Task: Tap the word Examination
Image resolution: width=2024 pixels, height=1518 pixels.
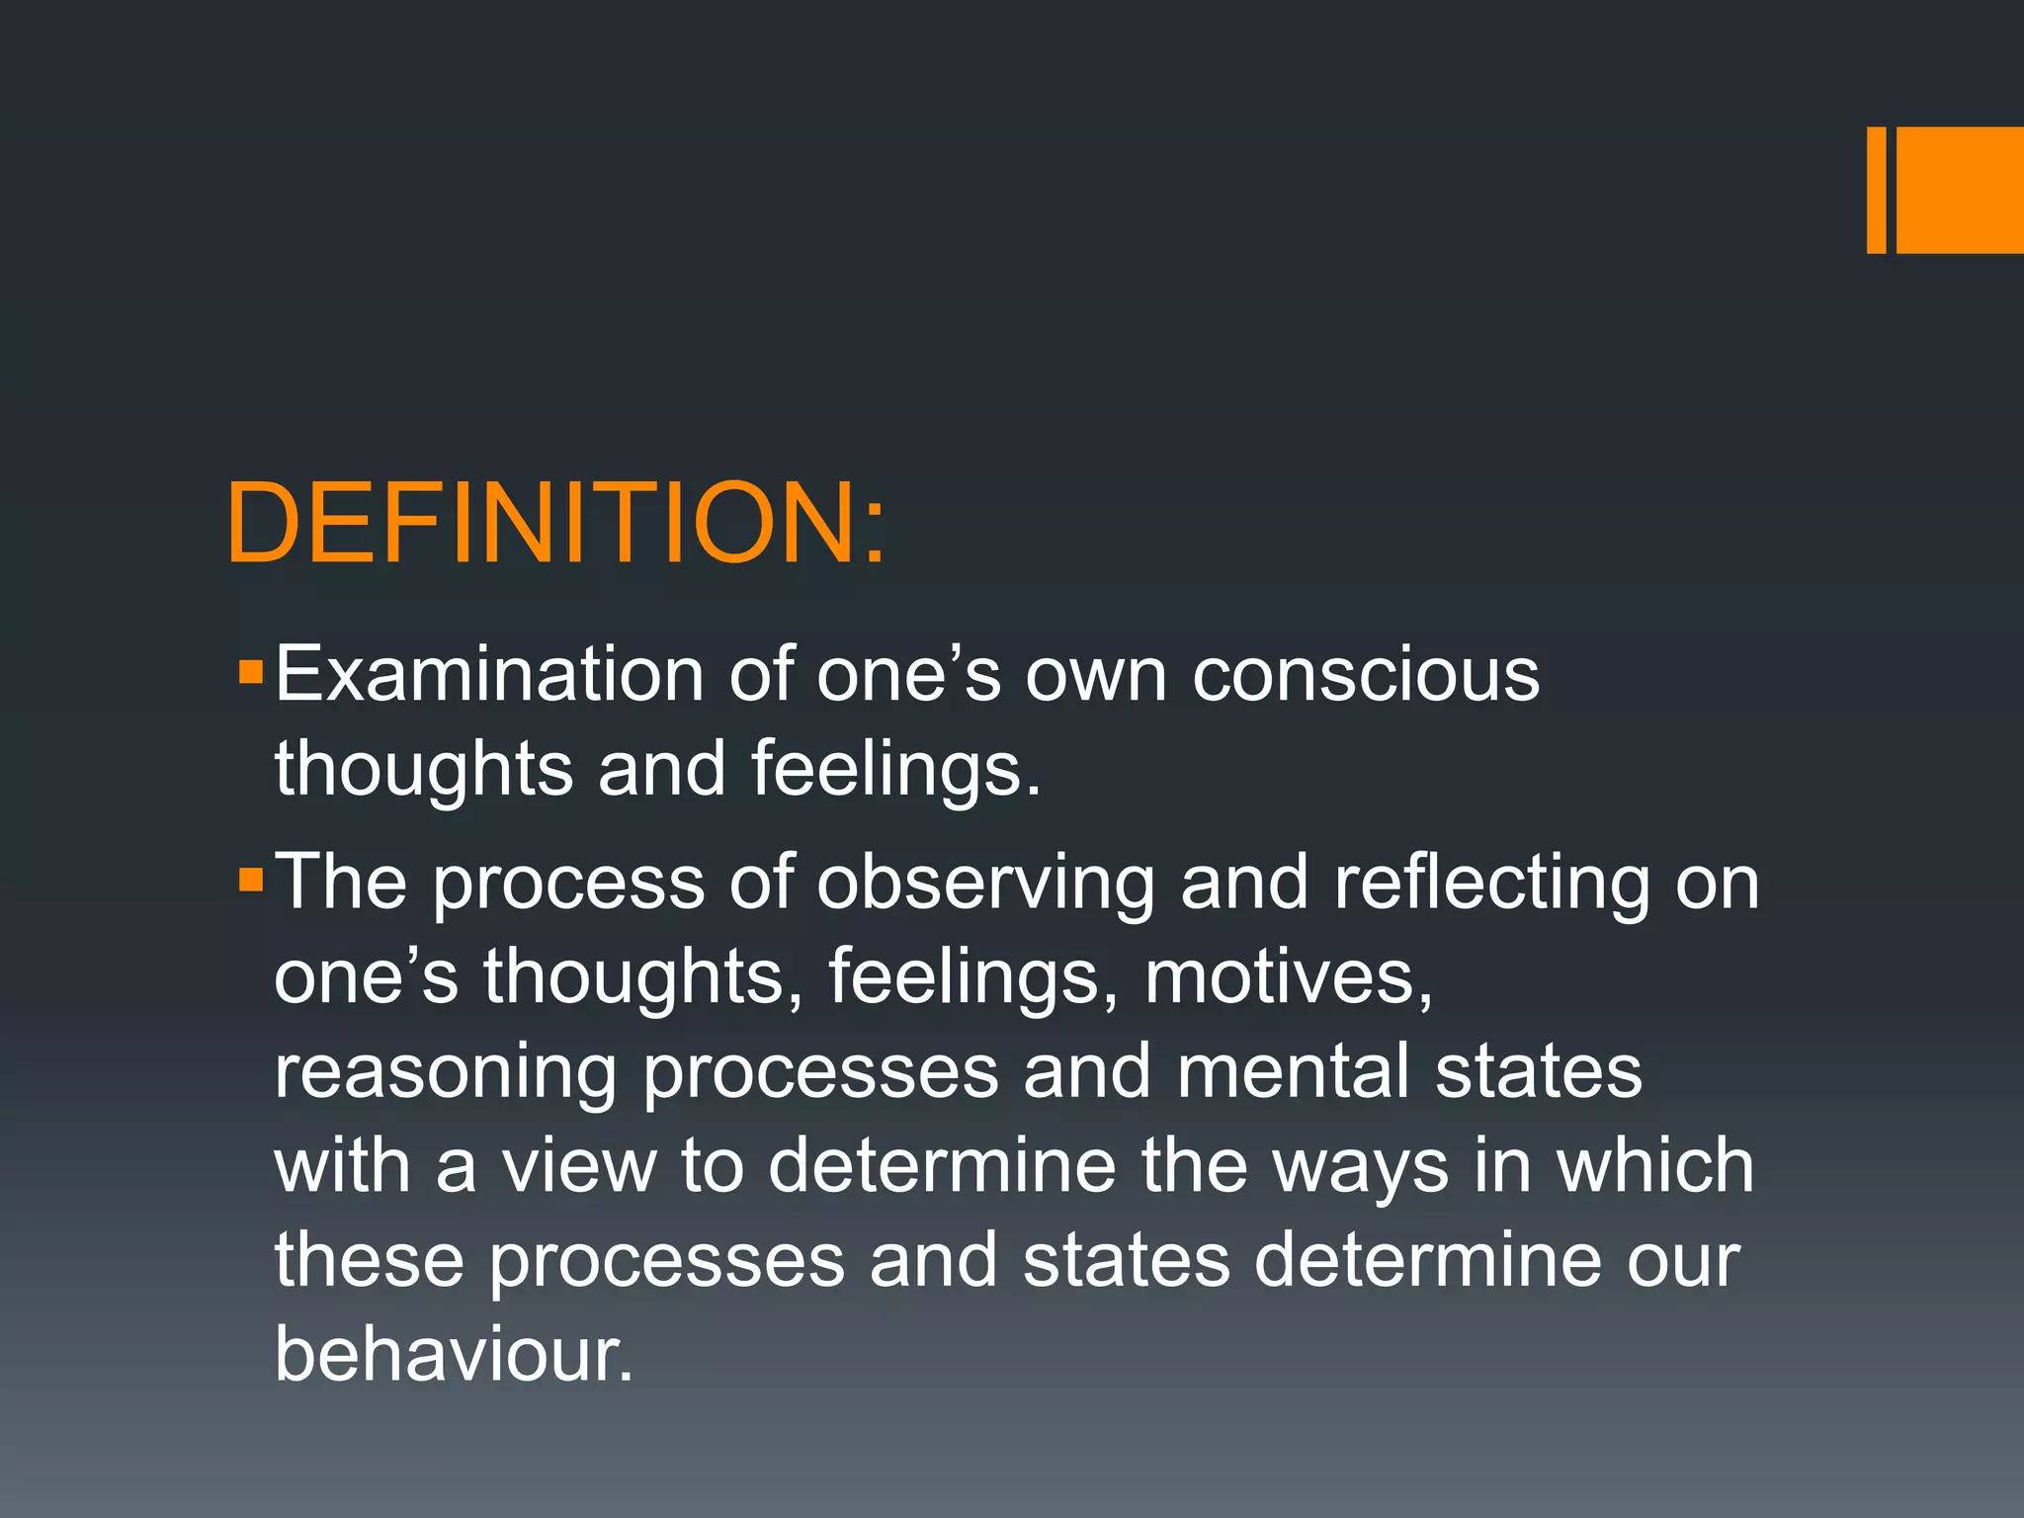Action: (489, 674)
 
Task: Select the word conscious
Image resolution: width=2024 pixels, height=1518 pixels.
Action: (1366, 674)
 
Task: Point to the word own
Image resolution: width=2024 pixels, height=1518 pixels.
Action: (1096, 676)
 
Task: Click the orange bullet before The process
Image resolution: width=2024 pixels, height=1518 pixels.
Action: (251, 879)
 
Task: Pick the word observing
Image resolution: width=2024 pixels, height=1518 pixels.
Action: (986, 883)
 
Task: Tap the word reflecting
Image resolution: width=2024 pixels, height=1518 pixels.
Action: (1492, 883)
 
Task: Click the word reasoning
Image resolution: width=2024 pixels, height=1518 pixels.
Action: (446, 1073)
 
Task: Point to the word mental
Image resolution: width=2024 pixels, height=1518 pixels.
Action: (1293, 1071)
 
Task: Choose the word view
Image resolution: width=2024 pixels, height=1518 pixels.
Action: (579, 1166)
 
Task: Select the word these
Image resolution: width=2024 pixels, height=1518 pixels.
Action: (369, 1260)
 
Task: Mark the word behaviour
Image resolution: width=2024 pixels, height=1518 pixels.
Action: (452, 1354)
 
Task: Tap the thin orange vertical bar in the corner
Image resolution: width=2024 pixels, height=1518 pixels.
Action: (1876, 190)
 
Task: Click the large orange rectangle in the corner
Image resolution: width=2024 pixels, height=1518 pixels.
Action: (1960, 190)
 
